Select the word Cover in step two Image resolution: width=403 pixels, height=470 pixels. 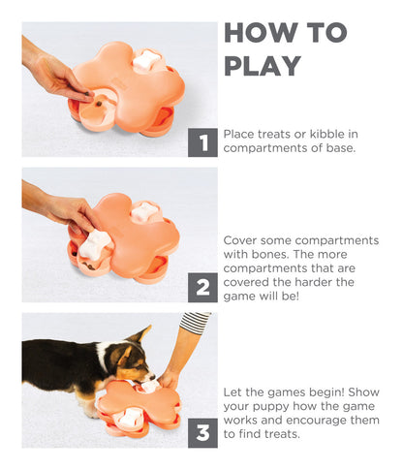pyautogui.click(x=241, y=240)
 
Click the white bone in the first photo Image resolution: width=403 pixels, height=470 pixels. pyautogui.click(x=145, y=59)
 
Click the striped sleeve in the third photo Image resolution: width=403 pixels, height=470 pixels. pyautogui.click(x=196, y=323)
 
